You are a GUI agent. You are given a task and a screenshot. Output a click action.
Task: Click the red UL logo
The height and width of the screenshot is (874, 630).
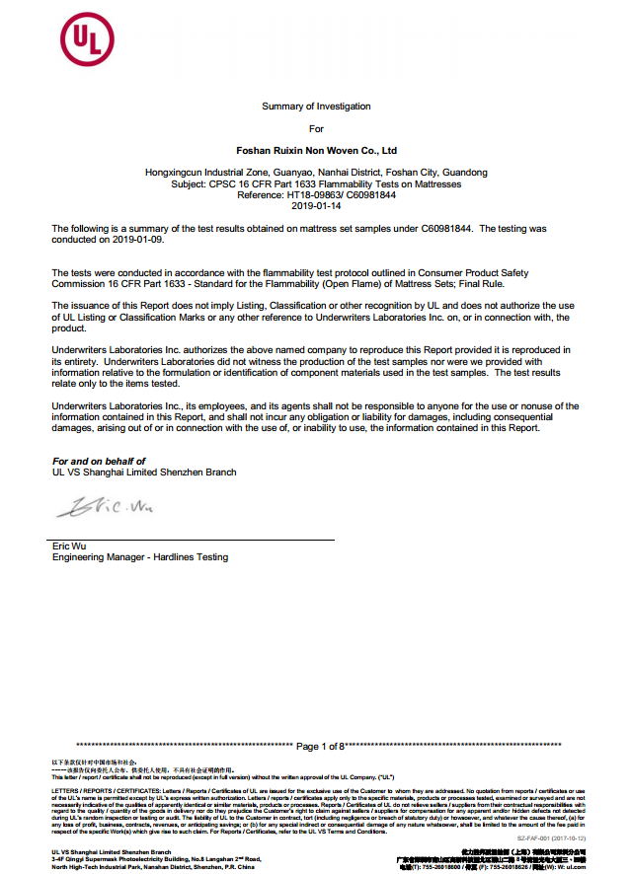click(80, 42)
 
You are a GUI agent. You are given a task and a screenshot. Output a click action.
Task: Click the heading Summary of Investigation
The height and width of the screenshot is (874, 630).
click(316, 106)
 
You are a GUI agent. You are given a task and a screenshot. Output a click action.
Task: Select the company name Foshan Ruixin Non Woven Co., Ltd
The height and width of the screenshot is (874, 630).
click(316, 151)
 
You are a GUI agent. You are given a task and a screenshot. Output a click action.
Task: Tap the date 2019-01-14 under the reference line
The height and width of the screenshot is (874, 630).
click(316, 205)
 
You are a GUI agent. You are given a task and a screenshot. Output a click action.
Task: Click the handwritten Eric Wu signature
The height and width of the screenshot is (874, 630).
click(105, 508)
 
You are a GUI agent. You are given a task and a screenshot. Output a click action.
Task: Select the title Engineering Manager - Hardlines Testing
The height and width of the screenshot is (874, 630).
click(139, 557)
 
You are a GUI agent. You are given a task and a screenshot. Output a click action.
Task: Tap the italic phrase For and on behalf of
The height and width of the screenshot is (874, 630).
click(99, 461)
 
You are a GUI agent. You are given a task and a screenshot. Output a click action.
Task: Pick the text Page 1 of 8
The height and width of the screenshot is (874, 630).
click(319, 746)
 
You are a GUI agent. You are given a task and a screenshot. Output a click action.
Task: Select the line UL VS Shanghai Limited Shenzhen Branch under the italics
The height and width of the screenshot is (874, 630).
click(144, 473)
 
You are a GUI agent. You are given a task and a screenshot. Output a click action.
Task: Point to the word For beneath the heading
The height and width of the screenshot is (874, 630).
click(316, 128)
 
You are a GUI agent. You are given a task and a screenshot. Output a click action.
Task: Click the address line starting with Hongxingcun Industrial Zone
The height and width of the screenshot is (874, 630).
click(316, 173)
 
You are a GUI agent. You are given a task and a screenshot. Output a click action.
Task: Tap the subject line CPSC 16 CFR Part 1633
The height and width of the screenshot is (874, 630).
click(316, 183)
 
